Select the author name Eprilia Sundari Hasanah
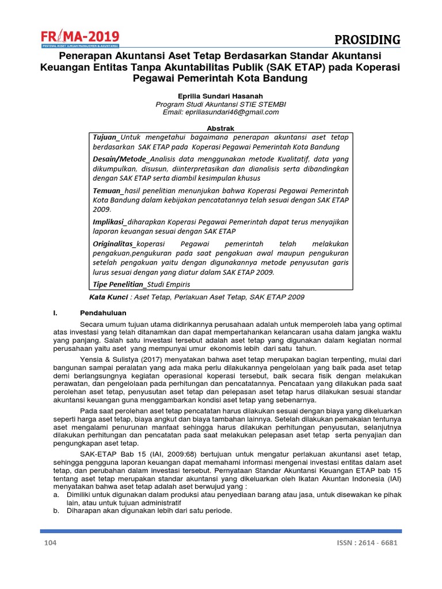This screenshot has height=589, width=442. (220, 95)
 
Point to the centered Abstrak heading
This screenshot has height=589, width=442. (220, 128)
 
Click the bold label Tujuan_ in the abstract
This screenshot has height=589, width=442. (106, 137)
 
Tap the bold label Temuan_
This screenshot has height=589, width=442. (108, 190)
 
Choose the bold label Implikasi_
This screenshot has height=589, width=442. (110, 221)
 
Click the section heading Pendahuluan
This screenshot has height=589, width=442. (102, 313)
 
